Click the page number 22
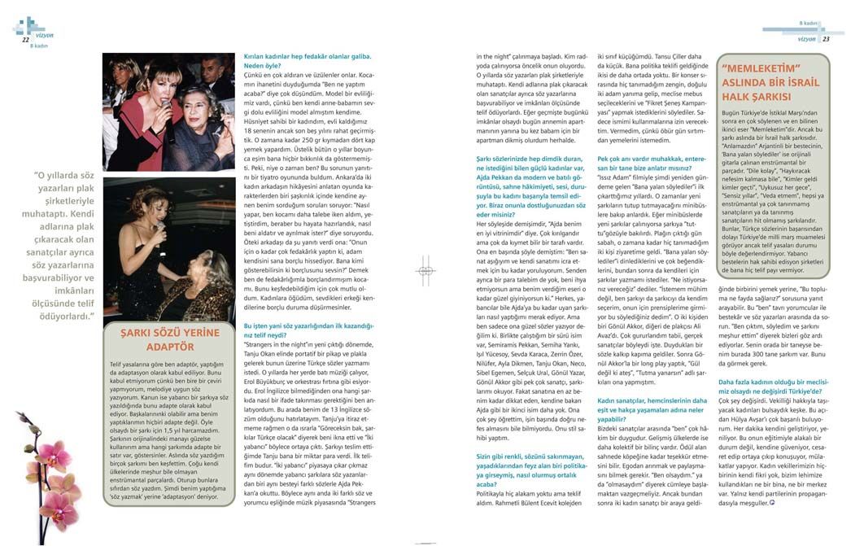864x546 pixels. tap(25, 38)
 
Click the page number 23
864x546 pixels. tap(826, 38)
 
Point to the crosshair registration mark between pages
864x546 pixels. tap(425, 272)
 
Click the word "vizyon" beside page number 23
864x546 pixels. tap(806, 38)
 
